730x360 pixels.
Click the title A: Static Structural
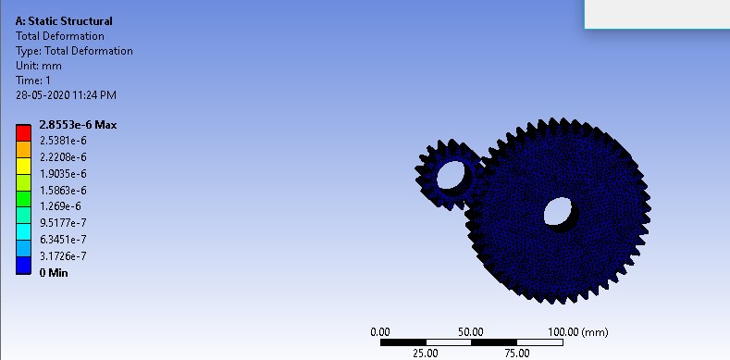[x=64, y=21]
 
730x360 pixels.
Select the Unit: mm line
[x=39, y=66]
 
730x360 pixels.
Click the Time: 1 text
[x=33, y=81]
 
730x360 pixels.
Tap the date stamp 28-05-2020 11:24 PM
[x=66, y=95]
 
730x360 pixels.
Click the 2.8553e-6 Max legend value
[x=79, y=125]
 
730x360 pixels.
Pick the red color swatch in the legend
[x=23, y=132]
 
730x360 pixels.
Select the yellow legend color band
[x=23, y=167]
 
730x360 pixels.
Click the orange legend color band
[x=23, y=150]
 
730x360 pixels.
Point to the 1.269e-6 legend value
[x=60, y=206]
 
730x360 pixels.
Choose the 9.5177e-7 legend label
[x=63, y=223]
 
